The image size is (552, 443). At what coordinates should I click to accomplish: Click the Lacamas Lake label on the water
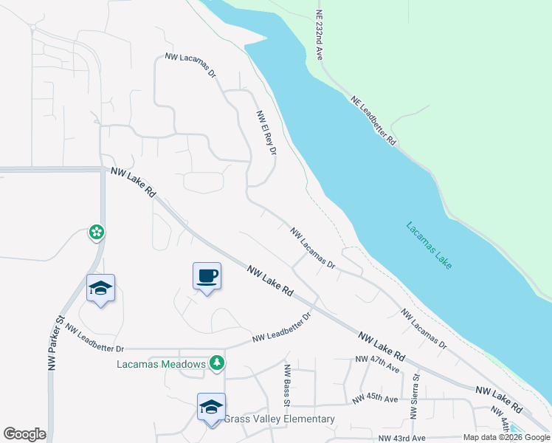(x=429, y=245)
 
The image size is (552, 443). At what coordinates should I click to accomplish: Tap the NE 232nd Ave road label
(x=320, y=35)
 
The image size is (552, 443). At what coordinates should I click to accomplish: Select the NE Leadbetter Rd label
(x=374, y=120)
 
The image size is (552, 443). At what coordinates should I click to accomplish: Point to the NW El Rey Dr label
(x=266, y=133)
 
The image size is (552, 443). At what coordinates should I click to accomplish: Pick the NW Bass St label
(x=286, y=384)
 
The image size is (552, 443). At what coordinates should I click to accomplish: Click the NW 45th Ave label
(x=375, y=399)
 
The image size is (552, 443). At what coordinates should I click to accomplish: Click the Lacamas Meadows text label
(x=161, y=364)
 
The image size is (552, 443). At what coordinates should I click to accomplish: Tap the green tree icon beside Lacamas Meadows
(x=217, y=363)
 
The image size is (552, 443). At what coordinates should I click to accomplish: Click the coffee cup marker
(x=207, y=276)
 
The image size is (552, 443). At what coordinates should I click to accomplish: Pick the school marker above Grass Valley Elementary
(x=211, y=407)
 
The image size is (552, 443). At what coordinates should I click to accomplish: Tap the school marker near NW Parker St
(x=100, y=289)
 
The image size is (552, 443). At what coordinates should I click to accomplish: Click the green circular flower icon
(x=97, y=233)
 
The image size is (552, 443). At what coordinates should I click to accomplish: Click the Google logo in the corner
(x=24, y=434)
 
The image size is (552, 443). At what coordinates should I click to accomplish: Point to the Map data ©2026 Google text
(x=506, y=438)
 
